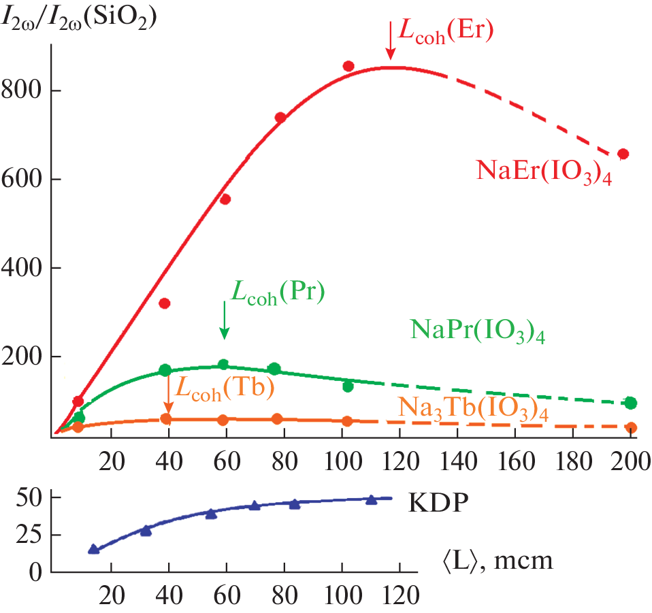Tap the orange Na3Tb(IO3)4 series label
click(473, 408)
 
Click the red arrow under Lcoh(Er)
click(390, 44)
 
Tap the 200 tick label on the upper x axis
click(631, 463)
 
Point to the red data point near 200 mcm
click(623, 154)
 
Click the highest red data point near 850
click(348, 66)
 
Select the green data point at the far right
click(630, 403)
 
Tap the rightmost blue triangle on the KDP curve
click(371, 499)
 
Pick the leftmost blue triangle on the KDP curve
click(94, 549)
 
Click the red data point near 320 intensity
click(164, 303)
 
